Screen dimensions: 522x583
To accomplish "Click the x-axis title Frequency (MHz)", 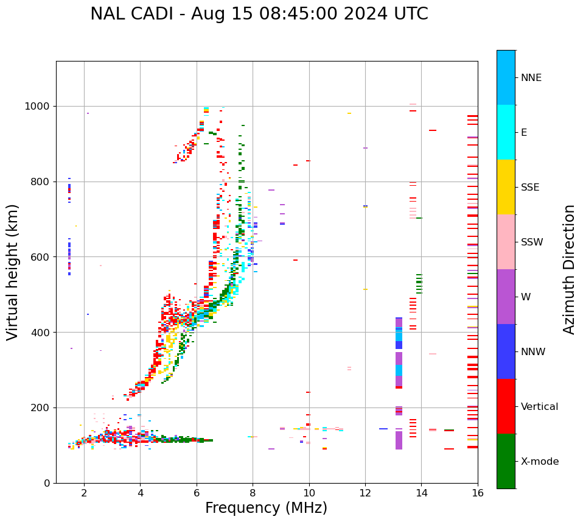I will [266, 508].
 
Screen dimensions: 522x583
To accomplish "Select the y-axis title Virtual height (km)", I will [13, 272].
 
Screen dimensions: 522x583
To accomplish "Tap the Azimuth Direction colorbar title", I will [569, 269].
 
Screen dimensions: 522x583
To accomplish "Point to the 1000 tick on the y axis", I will [40, 107].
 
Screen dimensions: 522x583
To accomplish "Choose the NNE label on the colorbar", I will [531, 78].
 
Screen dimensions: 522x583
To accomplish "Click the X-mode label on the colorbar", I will [539, 462].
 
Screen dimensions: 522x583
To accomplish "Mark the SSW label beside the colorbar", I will [531, 242].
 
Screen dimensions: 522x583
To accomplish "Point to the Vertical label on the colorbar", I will [539, 407].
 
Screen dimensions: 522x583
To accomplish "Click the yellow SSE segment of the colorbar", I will [506, 187].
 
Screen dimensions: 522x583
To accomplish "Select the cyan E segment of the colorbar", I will [506, 132].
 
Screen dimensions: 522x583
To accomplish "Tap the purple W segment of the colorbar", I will [506, 297].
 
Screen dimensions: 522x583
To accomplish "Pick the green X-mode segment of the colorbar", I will [506, 461].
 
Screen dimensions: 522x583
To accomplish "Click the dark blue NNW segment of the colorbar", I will [506, 351].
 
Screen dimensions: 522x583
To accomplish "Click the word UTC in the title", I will [410, 14].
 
